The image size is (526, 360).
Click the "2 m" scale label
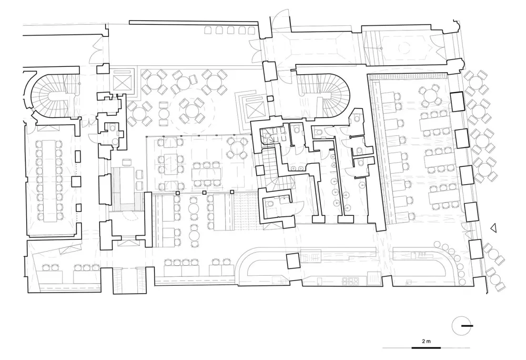[x=426, y=342]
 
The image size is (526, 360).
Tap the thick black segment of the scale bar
[x=426, y=347]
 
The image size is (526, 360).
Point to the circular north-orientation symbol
[x=461, y=326]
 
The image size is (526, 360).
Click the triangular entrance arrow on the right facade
[x=493, y=228]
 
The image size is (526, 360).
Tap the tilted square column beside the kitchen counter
[x=292, y=261]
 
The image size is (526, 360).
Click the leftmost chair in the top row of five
[x=208, y=31]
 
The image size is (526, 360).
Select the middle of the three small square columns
[x=204, y=193]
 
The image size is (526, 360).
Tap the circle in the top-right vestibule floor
[x=404, y=48]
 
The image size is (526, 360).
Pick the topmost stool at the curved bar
[x=437, y=244]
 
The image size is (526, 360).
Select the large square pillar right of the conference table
[x=76, y=182]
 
